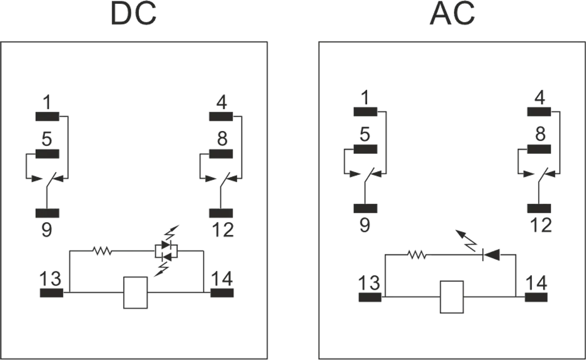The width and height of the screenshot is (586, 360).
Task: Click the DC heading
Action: tap(133, 15)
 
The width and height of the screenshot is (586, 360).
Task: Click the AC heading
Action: tap(452, 15)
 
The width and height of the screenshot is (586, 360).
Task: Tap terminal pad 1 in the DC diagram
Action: tap(47, 117)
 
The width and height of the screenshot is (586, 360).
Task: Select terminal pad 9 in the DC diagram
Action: tap(47, 213)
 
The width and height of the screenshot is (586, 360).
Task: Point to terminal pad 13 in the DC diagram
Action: tap(51, 293)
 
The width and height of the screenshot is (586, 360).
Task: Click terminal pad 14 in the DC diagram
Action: tap(222, 293)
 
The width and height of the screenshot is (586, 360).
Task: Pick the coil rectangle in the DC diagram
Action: tap(135, 293)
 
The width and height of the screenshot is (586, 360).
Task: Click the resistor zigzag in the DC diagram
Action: tap(102, 252)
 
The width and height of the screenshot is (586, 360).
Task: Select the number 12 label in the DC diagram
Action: tap(223, 230)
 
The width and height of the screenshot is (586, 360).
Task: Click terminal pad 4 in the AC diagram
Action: tap(539, 111)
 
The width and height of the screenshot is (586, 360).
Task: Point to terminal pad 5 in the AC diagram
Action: tap(366, 149)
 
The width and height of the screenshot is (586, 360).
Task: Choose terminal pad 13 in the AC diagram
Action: tap(370, 297)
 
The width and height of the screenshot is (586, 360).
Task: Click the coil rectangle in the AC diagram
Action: tap(452, 296)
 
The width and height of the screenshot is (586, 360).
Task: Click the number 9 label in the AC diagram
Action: tap(365, 226)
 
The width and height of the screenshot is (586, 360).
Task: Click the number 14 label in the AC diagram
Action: tap(536, 283)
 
